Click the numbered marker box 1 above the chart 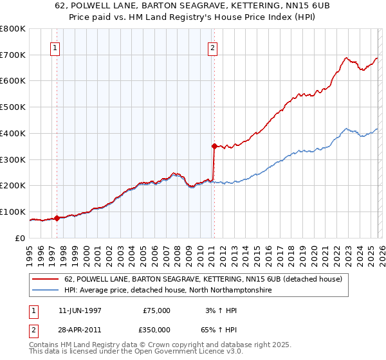coord(55,48)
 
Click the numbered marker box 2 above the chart coord(212,48)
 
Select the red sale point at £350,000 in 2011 coord(214,146)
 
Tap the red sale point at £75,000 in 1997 coord(57,218)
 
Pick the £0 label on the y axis coord(21,238)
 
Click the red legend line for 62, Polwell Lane coord(46,280)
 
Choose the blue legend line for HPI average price coord(46,291)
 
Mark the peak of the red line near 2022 coord(345,58)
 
